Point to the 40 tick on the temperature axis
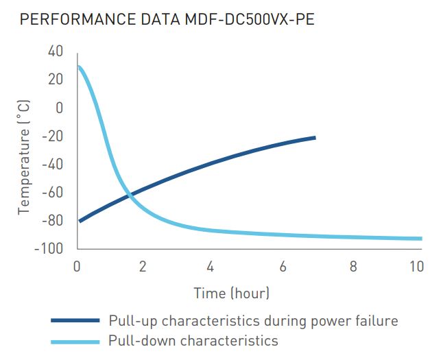click(x=55, y=51)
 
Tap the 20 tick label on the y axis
click(x=55, y=80)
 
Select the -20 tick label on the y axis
click(x=53, y=136)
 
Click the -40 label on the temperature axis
click(x=53, y=164)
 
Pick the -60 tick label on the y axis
click(x=53, y=192)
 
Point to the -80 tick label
click(x=53, y=220)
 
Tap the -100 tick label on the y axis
click(x=49, y=248)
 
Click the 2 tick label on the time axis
click(x=143, y=266)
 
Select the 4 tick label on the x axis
click(x=211, y=266)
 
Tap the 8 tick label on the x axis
click(x=352, y=266)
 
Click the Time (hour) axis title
click(x=232, y=293)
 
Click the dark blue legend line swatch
click(x=75, y=320)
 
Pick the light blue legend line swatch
click(x=75, y=341)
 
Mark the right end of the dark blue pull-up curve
click(x=315, y=138)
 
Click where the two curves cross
click(x=130, y=195)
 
